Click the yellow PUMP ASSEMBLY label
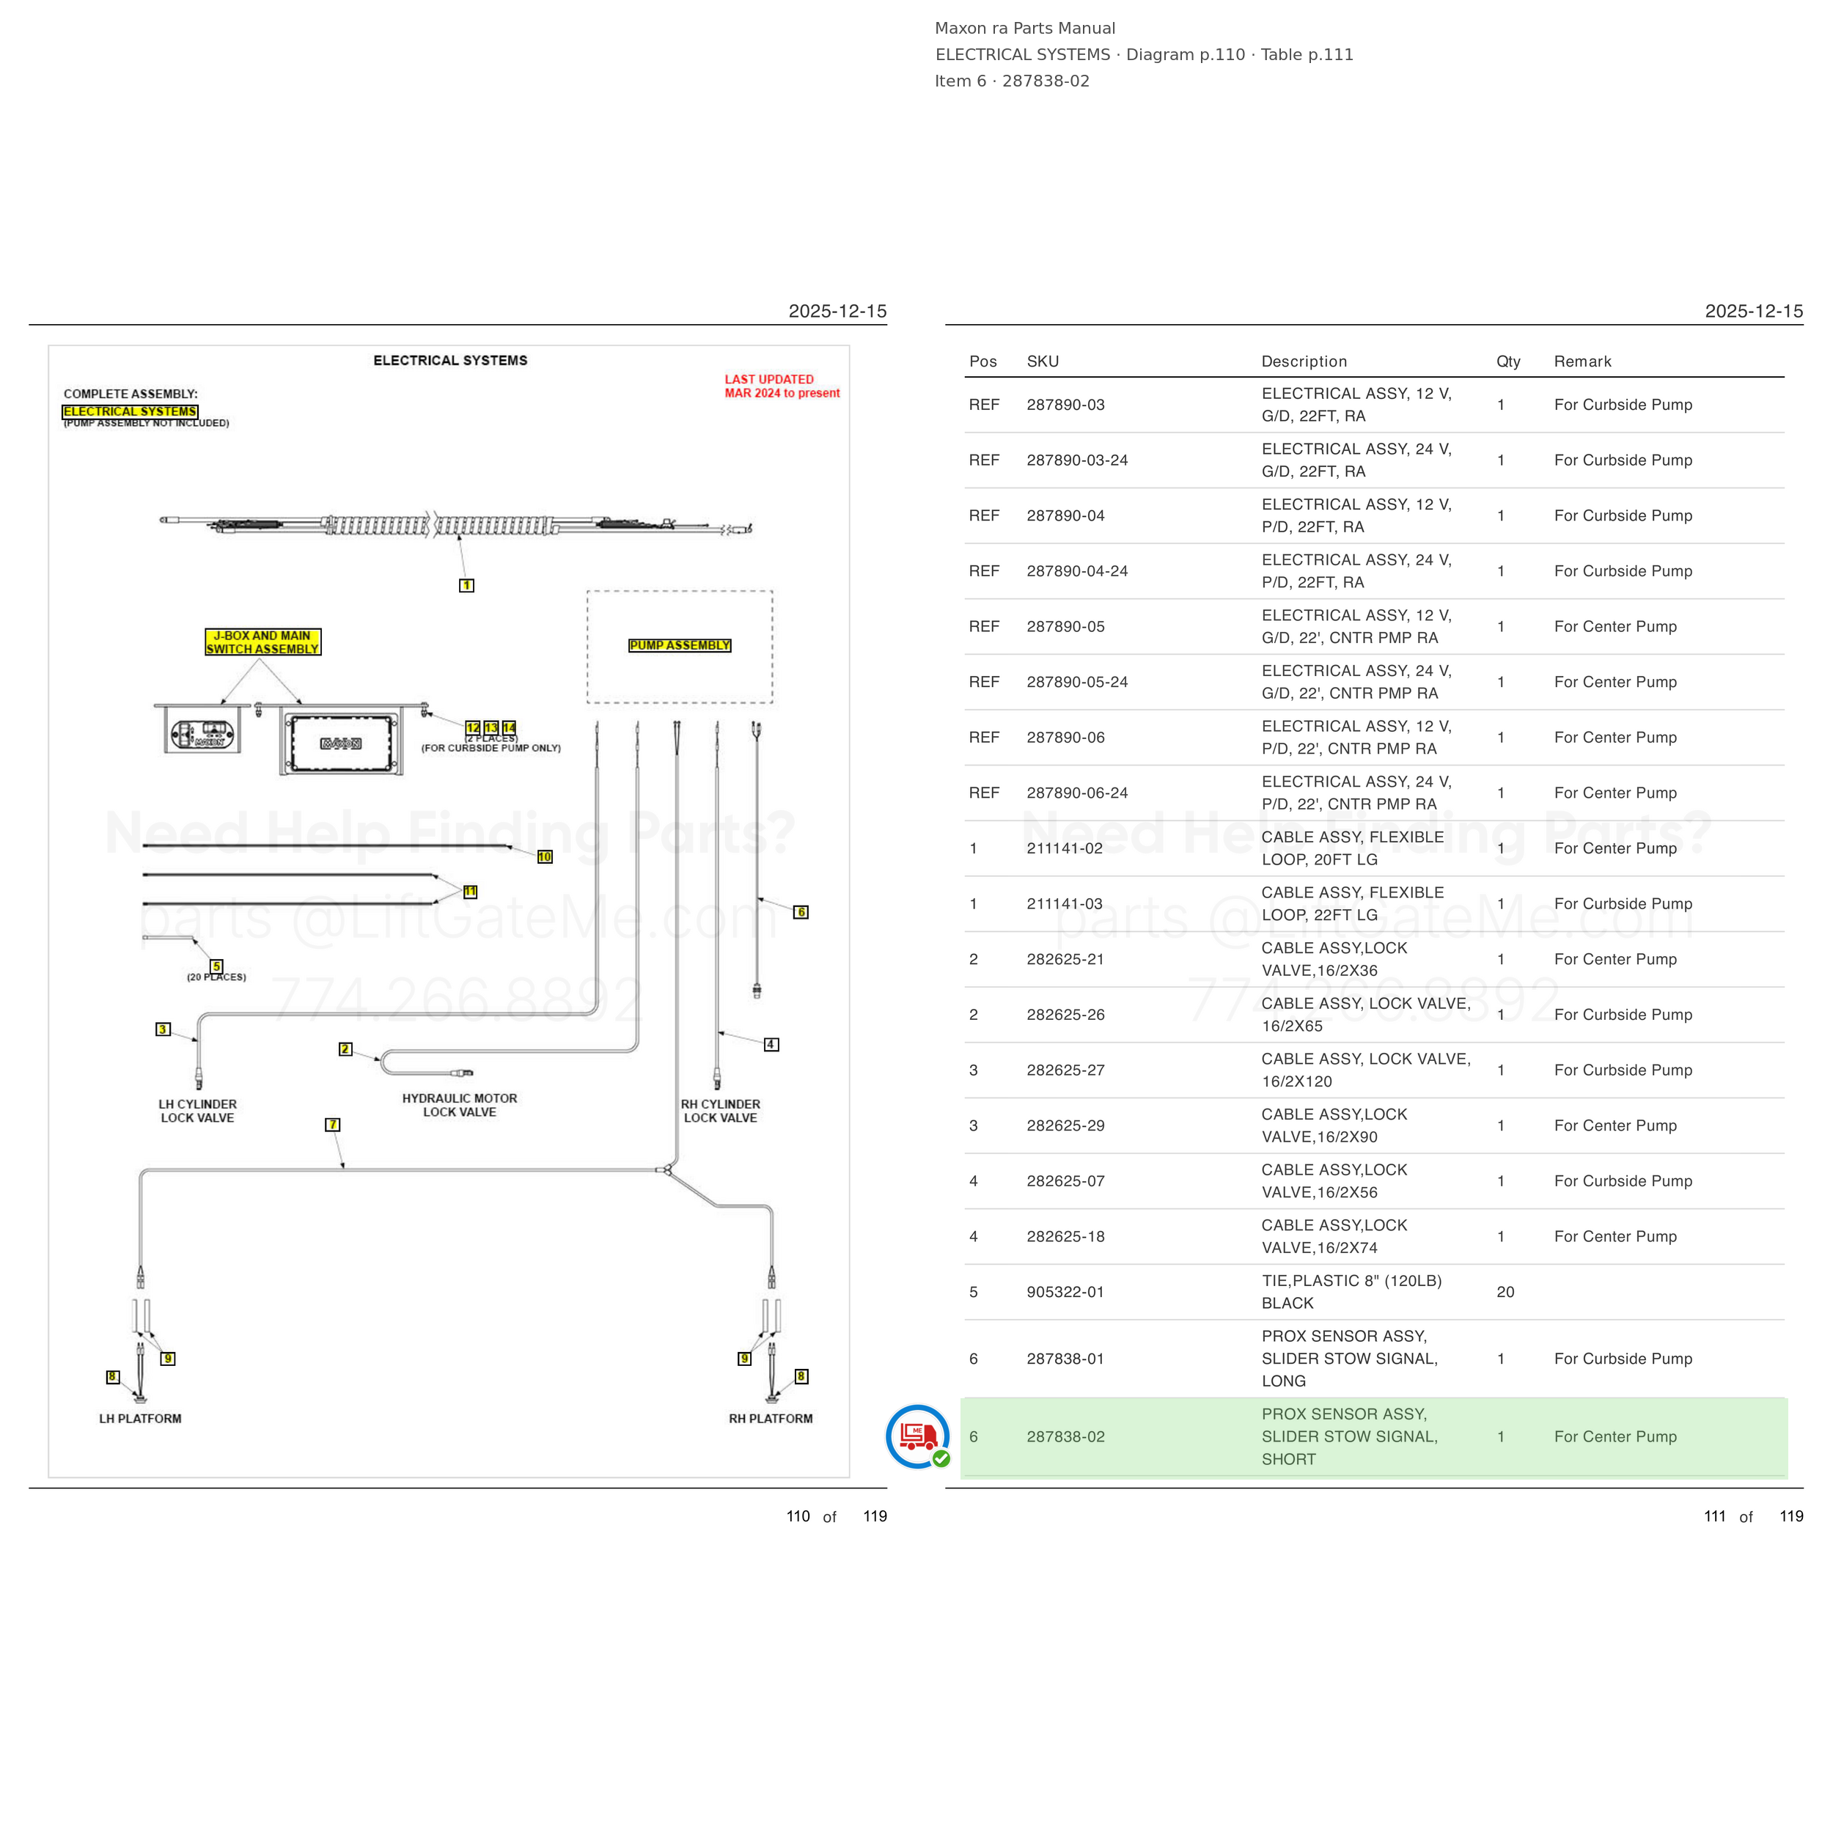tap(680, 645)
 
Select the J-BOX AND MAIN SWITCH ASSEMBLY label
tap(262, 642)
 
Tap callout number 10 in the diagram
tap(545, 856)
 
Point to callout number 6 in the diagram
tap(801, 912)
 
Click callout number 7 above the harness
tap(332, 1124)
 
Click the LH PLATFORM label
tap(141, 1419)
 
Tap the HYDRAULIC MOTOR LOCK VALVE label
tap(460, 1106)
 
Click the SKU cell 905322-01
tap(1065, 1292)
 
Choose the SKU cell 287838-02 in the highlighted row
tap(1065, 1436)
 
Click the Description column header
tap(1304, 361)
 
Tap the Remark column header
tap(1582, 361)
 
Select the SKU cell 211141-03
tap(1065, 904)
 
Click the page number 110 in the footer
tap(798, 1516)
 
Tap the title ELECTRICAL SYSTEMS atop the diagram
tap(451, 361)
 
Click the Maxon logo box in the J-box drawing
tap(341, 743)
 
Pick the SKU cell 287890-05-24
tap(1077, 682)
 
